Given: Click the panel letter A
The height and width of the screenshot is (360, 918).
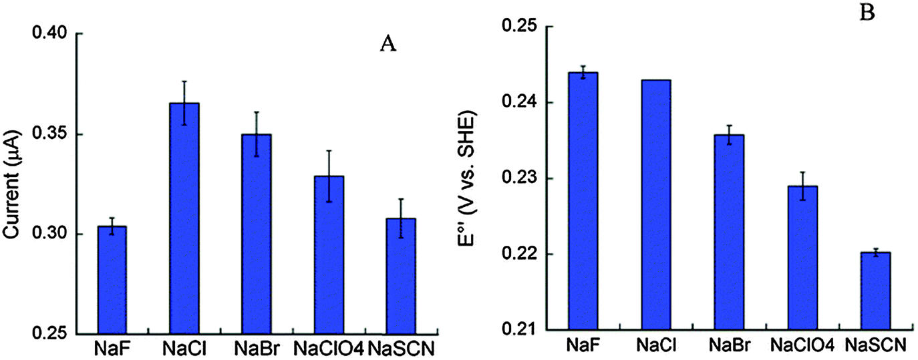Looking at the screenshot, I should pyautogui.click(x=389, y=43).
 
